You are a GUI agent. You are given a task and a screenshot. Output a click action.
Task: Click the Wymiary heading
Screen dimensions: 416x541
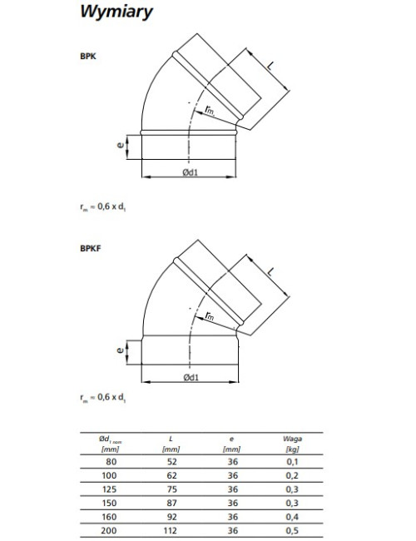tap(116, 12)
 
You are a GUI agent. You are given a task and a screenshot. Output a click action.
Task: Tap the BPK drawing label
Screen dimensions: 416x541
tap(88, 57)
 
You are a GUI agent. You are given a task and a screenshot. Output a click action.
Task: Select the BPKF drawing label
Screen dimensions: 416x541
tap(91, 248)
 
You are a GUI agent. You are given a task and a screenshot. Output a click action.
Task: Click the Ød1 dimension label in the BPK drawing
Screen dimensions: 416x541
tap(191, 171)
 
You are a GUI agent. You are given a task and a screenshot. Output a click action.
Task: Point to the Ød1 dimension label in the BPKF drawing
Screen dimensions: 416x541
tap(191, 377)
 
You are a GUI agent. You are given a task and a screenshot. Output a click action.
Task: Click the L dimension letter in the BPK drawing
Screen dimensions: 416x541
tap(271, 65)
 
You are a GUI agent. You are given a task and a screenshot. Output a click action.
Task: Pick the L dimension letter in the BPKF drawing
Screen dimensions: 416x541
tap(271, 271)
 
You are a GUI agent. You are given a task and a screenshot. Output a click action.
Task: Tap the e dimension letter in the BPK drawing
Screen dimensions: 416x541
tap(121, 146)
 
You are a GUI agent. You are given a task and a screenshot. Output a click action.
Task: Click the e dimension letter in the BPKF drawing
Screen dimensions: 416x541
tap(121, 350)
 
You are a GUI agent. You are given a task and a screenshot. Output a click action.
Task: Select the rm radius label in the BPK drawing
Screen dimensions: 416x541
tap(210, 110)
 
